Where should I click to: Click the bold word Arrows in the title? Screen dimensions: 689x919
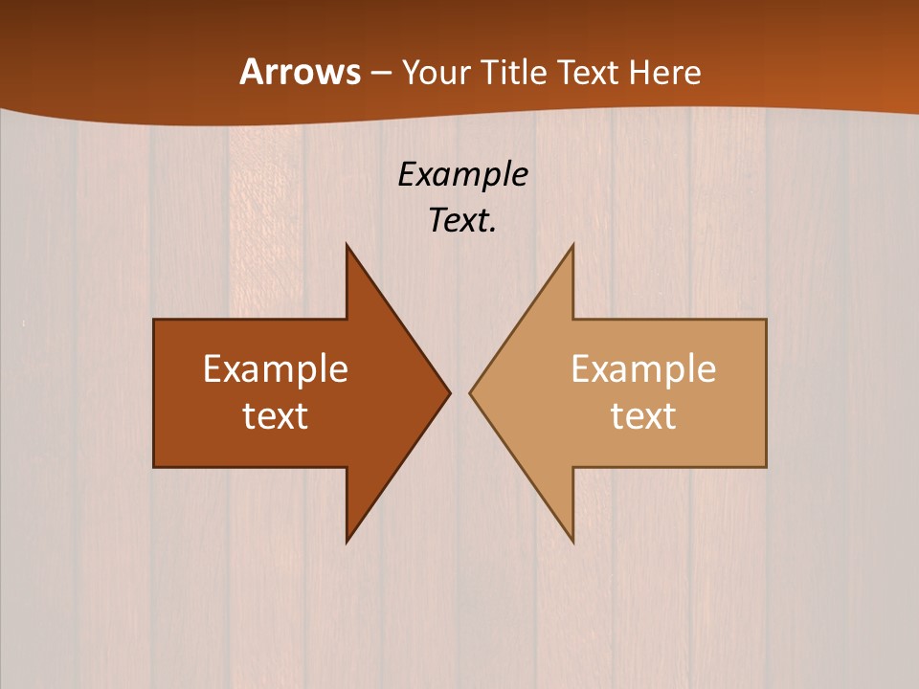[x=300, y=72]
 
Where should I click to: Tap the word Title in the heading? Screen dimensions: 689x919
[x=512, y=72]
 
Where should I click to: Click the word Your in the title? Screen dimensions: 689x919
[x=434, y=72]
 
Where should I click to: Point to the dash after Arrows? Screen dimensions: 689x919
[x=379, y=73]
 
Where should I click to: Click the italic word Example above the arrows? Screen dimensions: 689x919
[x=463, y=175]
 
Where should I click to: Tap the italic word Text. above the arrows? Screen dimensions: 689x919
[x=463, y=220]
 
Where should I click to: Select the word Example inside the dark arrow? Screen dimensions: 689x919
[x=276, y=368]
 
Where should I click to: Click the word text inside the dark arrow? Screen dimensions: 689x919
[x=276, y=415]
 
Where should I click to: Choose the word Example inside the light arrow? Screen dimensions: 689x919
[x=643, y=368]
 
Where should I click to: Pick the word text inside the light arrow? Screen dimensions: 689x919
[x=643, y=415]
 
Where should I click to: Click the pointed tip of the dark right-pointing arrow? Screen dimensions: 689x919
[x=450, y=392]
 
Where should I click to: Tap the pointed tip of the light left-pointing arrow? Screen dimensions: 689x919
[x=470, y=392]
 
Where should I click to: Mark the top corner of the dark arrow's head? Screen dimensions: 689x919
[x=347, y=245]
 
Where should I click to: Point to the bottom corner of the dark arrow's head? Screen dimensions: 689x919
[x=347, y=542]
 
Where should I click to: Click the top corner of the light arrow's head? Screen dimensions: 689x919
[x=572, y=245]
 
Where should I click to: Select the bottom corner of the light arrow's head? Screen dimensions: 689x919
[x=572, y=542]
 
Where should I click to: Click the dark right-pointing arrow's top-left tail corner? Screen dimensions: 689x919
[x=154, y=320]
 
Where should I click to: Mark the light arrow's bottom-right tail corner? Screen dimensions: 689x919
[x=766, y=467]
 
